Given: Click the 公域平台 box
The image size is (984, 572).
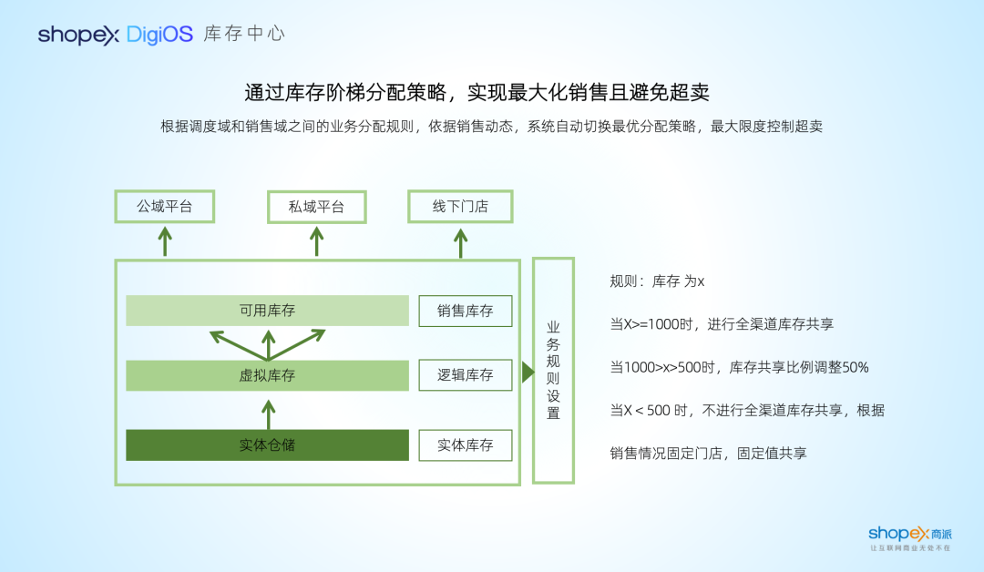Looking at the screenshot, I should pos(165,207).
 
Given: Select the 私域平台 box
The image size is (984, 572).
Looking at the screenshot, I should pos(316,207).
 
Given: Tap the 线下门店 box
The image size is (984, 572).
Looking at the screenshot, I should pos(460,207).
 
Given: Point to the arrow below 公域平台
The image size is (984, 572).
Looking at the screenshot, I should pos(165,241).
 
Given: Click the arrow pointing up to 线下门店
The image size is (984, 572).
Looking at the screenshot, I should pos(461,241).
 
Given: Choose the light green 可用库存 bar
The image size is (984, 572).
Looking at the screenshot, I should pos(267,311).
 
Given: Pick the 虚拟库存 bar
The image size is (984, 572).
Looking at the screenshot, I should pos(267,375).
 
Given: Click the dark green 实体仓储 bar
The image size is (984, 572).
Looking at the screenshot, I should pos(267,445).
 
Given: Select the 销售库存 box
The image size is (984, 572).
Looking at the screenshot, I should pos(465,311).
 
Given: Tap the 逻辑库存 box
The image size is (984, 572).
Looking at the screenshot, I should pos(465,375).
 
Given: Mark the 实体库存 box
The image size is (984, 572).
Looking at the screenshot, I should pos(465,445).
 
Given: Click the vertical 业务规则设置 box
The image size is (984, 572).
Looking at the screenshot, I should pos(553,370).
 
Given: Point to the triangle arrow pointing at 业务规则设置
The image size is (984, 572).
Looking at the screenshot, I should pos(528,372).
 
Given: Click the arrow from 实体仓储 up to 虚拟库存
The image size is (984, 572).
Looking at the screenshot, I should pos(268,414).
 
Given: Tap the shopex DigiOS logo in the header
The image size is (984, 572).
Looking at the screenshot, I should pos(116,35).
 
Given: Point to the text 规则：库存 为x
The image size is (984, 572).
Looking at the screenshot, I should pos(657,282).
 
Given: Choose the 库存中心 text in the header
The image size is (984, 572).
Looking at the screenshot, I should pos(244,35).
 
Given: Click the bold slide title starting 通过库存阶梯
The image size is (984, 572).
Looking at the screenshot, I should pos(477,92).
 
